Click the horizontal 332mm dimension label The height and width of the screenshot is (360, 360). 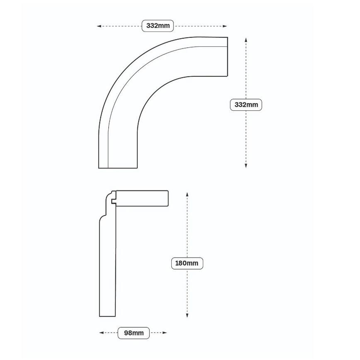click(158, 26)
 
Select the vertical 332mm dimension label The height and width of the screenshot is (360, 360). click(246, 105)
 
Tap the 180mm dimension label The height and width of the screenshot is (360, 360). click(187, 263)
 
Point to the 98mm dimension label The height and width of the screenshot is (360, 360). click(134, 333)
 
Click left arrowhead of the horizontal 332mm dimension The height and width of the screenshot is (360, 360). click(99, 26)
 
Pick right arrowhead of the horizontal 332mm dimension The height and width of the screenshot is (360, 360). click(225, 26)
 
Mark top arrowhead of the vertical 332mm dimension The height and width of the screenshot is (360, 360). click(246, 40)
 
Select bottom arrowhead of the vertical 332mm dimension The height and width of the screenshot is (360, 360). click(246, 165)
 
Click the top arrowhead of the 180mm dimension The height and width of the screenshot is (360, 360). click(187, 195)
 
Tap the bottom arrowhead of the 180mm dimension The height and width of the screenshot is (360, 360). click(187, 315)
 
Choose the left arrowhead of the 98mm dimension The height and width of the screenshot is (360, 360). click(101, 333)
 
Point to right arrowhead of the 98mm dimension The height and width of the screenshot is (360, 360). click(165, 333)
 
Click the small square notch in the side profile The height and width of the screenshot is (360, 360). click(114, 201)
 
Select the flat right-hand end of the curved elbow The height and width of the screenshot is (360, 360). click(227, 56)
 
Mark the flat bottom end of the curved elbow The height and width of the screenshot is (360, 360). click(118, 168)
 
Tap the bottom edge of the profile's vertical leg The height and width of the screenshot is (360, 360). click(107, 316)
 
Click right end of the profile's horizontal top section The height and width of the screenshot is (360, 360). click(168, 198)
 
